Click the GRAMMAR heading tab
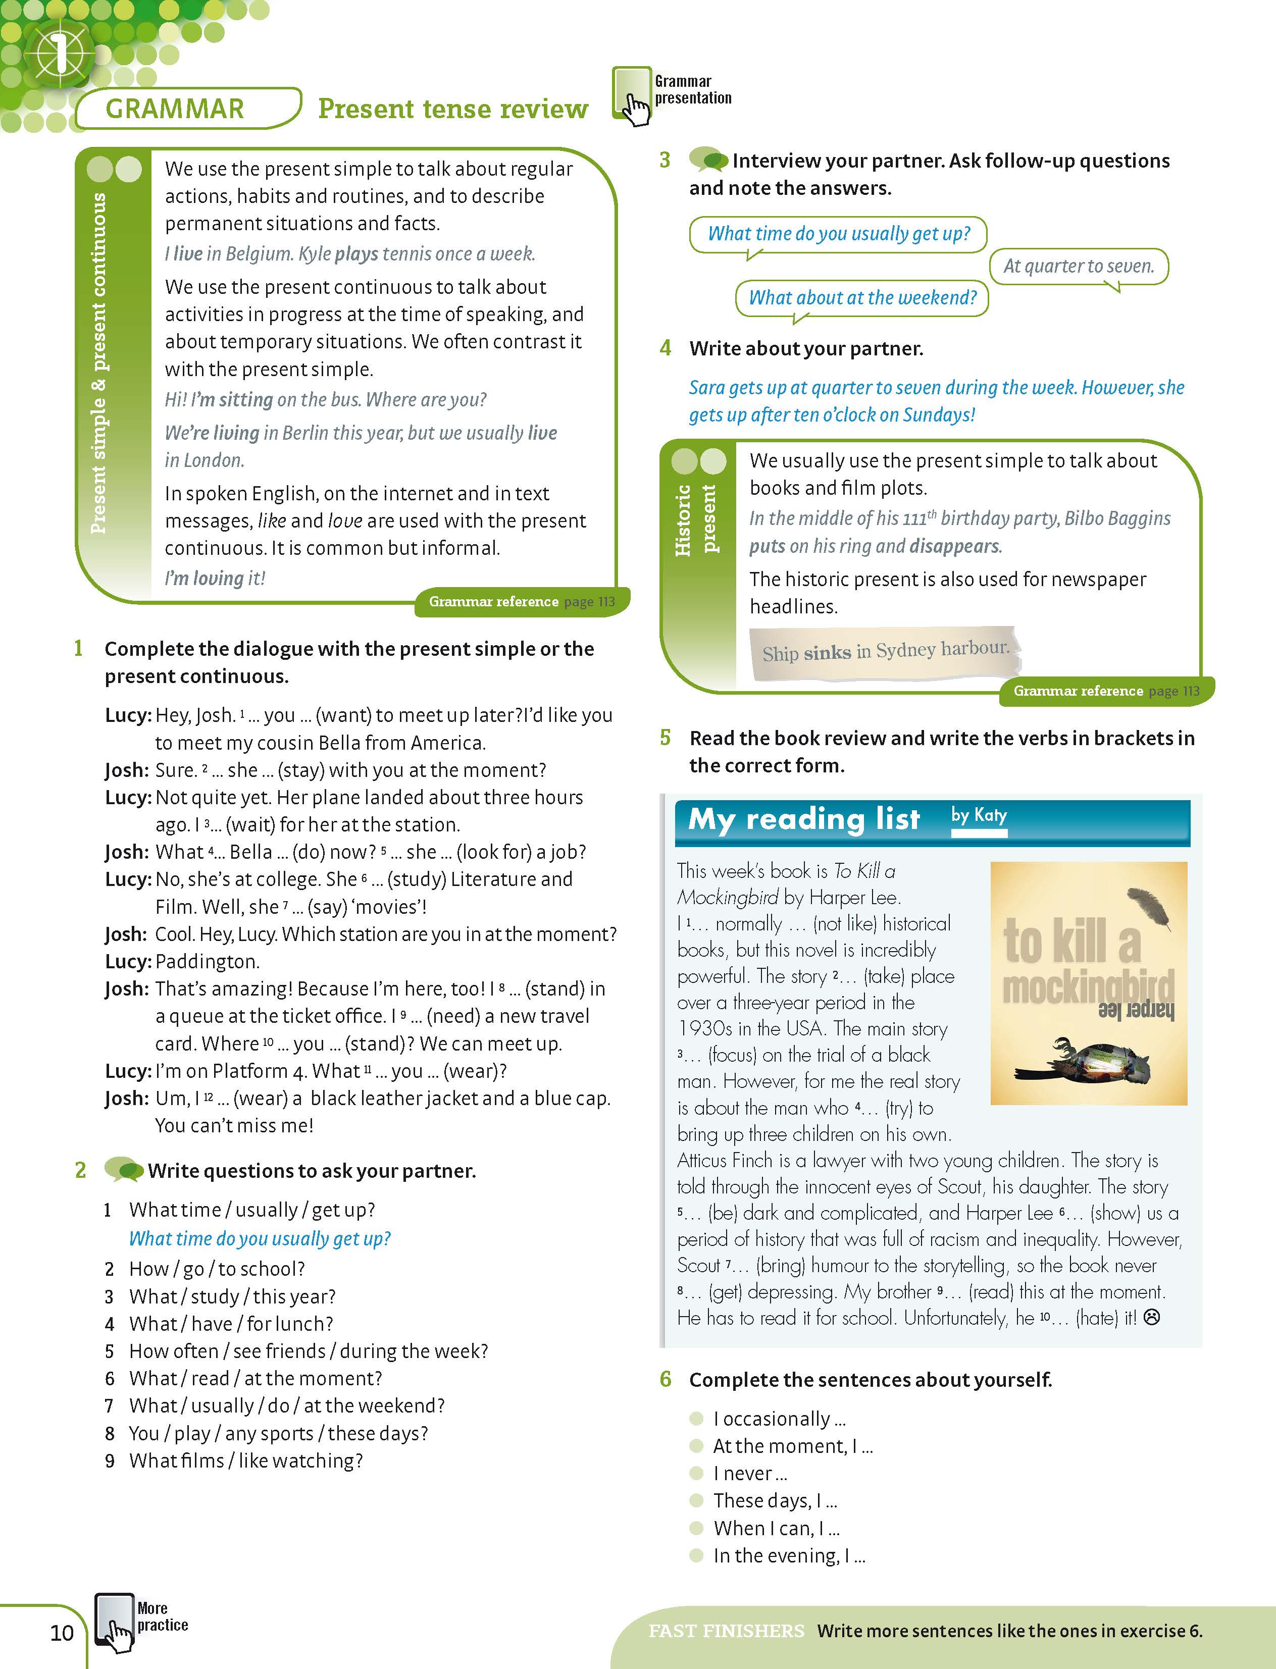[175, 109]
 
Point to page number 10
[62, 1633]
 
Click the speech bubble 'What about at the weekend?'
[862, 298]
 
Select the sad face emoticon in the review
[1151, 1318]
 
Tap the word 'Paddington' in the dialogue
[207, 961]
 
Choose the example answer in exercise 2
[260, 1238]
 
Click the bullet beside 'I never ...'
[696, 1473]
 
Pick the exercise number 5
[666, 737]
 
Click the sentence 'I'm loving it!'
[215, 578]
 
